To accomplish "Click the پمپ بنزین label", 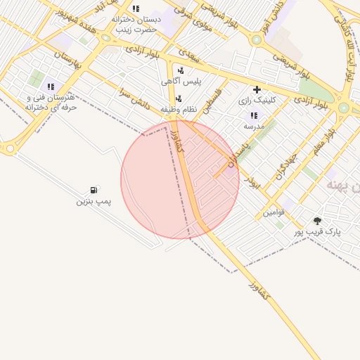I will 94,202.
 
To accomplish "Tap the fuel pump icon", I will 94,191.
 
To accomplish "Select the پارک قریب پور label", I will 316,231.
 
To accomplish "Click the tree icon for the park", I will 317,221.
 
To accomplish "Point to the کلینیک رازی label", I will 257,101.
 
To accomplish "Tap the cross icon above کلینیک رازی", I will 257,89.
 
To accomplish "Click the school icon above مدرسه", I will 254,115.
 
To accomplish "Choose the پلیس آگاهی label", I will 181,82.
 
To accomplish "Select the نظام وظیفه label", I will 177,110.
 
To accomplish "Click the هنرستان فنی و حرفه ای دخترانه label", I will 50,103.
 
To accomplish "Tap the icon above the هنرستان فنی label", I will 51,86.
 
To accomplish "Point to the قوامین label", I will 274,212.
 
